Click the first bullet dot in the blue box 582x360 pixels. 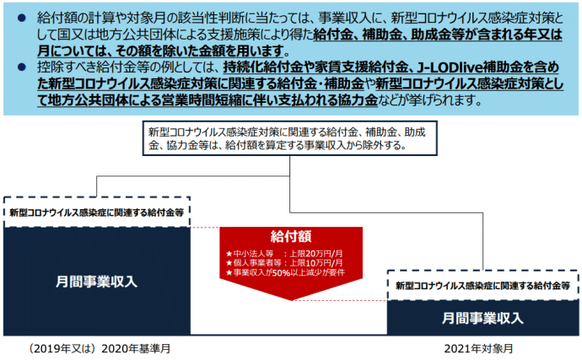22,18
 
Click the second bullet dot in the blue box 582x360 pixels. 22,67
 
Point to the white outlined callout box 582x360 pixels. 290,138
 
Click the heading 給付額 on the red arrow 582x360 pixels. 291,236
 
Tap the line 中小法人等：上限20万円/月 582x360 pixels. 284,254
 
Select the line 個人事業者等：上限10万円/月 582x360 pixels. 284,263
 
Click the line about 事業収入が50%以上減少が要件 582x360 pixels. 285,273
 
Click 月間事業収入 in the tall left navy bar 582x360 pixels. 96,282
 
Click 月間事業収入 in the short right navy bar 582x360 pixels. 482,318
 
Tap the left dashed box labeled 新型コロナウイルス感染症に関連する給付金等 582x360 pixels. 96,212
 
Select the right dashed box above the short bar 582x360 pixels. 482,286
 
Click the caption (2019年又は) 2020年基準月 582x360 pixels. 99,349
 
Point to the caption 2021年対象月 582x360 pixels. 478,349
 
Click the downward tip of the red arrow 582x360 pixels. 291,300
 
